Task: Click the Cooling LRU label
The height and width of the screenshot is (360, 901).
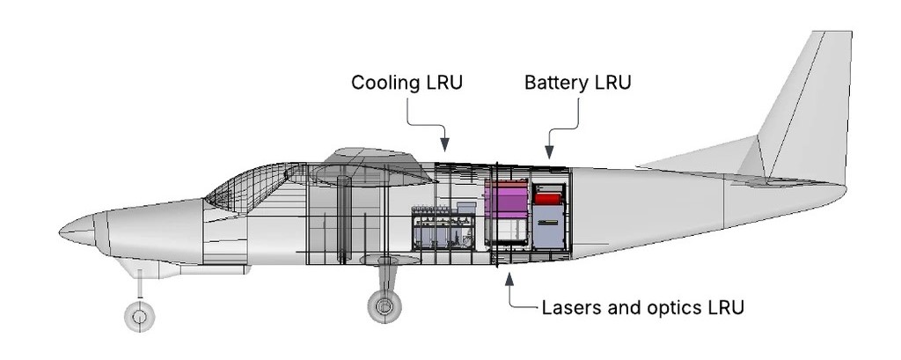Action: click(407, 83)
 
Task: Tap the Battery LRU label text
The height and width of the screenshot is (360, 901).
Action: click(578, 83)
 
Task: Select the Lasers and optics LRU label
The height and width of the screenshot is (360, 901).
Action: click(643, 308)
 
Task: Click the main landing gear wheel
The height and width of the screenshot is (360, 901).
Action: click(384, 306)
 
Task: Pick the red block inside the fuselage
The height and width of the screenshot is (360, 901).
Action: click(548, 198)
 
